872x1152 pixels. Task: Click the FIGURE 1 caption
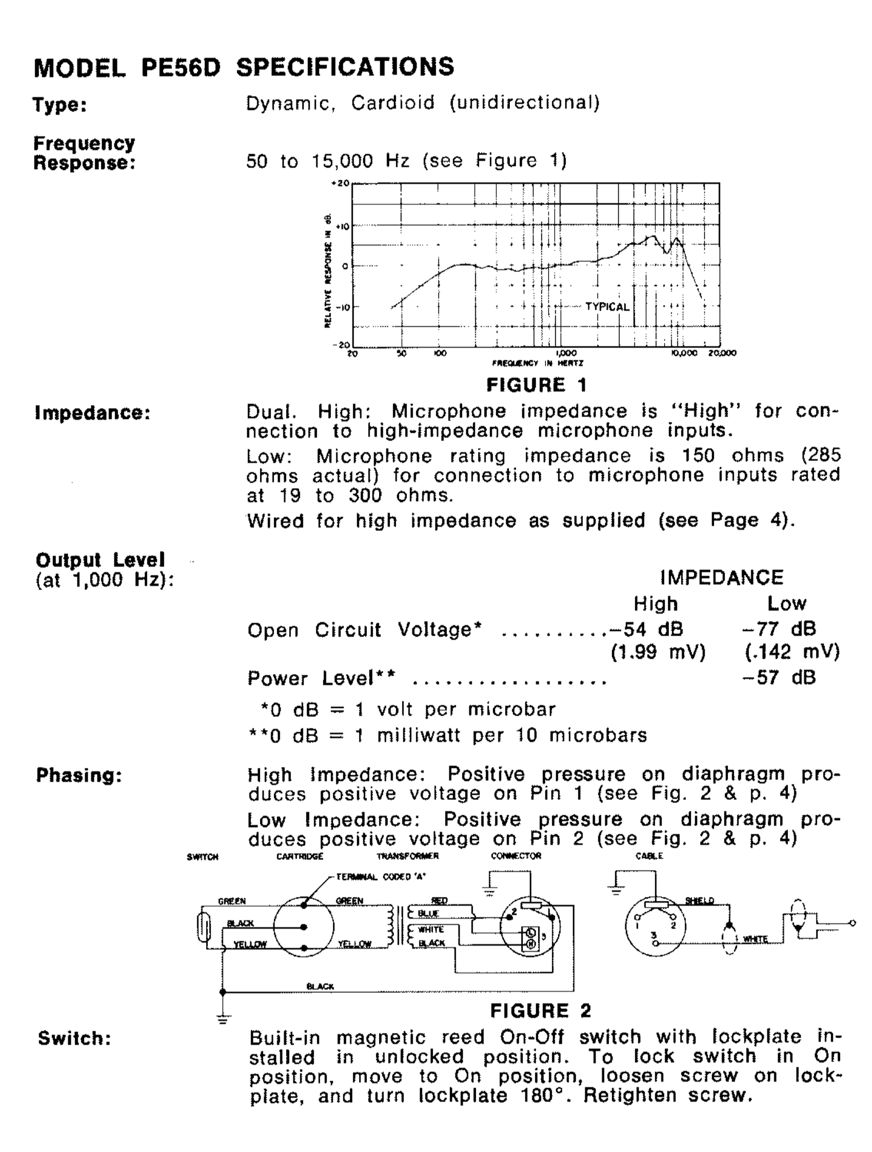pos(537,385)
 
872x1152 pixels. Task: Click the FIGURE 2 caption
pos(540,1010)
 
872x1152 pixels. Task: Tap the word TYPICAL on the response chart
pos(607,306)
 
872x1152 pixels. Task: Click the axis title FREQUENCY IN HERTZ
pos(538,363)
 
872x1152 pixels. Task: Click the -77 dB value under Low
pos(779,629)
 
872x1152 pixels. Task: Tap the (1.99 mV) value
pos(658,652)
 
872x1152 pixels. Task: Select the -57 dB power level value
pos(779,677)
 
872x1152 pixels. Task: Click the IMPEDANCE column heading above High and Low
pos(722,578)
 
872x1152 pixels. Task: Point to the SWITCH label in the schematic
pos(203,857)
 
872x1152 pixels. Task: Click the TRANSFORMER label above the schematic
pos(408,856)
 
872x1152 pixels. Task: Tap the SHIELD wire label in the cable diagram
pos(699,900)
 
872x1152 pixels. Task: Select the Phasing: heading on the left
pos(79,776)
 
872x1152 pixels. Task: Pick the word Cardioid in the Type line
pos(393,102)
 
